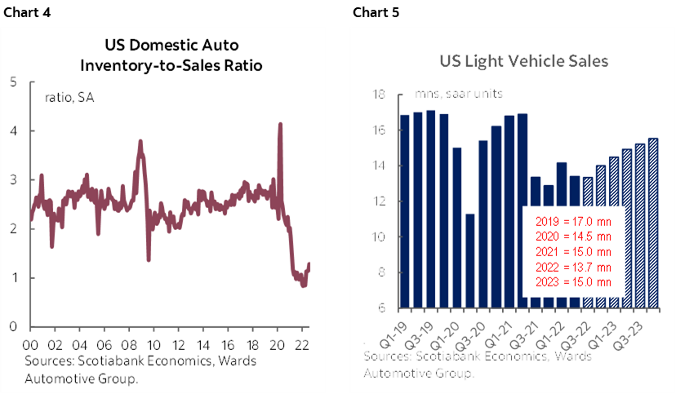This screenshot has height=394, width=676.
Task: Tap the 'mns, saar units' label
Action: coord(459,94)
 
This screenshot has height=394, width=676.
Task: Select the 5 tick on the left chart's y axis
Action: coord(13,82)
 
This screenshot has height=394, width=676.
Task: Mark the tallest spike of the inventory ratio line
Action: coord(281,124)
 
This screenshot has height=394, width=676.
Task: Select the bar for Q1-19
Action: coord(404,211)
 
